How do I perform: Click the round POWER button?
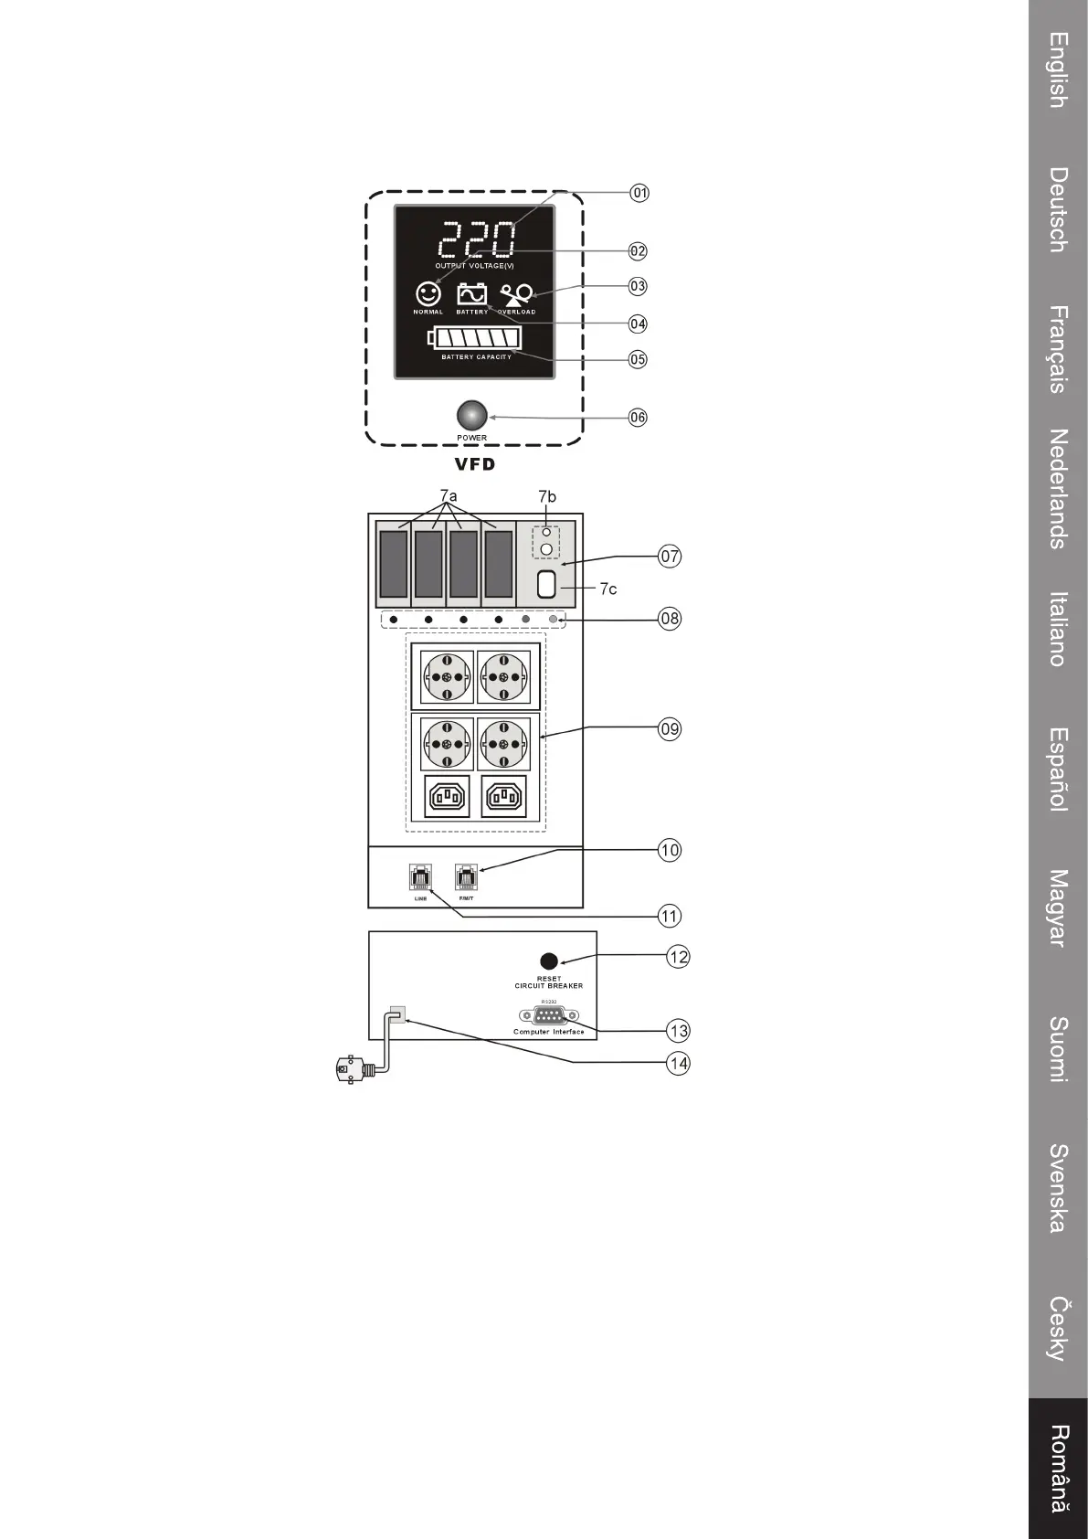click(x=471, y=416)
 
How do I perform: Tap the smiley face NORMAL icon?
click(x=428, y=293)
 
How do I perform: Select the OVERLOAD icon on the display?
click(x=517, y=295)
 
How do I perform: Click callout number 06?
click(x=638, y=418)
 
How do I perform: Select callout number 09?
click(x=670, y=728)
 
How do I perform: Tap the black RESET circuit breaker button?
click(x=549, y=961)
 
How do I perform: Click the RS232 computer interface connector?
click(x=548, y=1015)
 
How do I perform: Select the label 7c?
click(x=608, y=589)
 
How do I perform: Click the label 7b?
click(x=546, y=496)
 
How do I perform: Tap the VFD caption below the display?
click(x=475, y=464)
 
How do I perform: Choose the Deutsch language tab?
click(x=1058, y=209)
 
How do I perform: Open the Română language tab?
click(x=1058, y=1469)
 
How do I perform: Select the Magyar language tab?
click(x=1058, y=907)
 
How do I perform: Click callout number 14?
click(x=678, y=1064)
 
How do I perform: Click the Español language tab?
click(x=1058, y=769)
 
